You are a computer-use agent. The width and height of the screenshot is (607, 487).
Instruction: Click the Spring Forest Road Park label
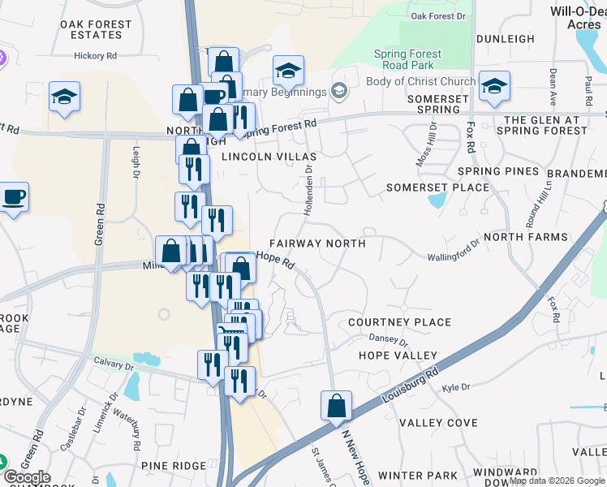tap(407, 60)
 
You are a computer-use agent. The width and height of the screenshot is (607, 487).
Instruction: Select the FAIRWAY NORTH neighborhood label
tap(316, 243)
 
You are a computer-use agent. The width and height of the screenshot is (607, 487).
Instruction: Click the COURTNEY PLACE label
tap(398, 322)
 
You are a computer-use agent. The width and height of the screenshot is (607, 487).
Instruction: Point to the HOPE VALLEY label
tap(398, 356)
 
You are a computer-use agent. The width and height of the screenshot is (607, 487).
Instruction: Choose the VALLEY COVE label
tap(438, 423)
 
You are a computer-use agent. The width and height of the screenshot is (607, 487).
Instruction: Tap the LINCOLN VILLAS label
tap(257, 155)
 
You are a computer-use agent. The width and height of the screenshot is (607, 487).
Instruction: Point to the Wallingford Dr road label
tap(454, 251)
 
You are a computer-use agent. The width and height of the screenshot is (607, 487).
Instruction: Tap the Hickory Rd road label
tap(96, 56)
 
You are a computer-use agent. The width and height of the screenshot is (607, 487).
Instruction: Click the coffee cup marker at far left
tap(14, 197)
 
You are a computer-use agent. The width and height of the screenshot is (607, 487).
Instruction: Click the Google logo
tap(27, 478)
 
